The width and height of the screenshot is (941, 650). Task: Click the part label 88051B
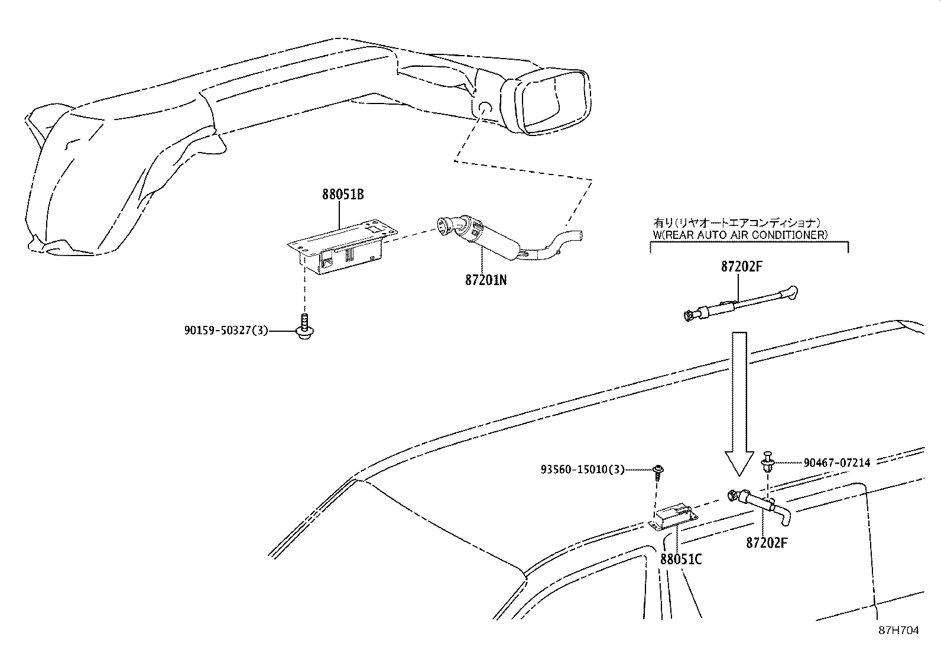(x=343, y=194)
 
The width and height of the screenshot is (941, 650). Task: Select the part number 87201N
(x=485, y=279)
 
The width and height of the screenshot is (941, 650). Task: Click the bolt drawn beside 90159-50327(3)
(x=304, y=327)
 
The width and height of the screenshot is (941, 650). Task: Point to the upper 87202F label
(x=741, y=267)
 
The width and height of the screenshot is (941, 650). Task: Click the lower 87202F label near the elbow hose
(x=767, y=542)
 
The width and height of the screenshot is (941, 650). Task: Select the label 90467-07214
(x=836, y=463)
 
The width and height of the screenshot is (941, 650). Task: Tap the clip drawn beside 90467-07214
(x=768, y=461)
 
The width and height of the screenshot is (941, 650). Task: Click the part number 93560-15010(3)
(x=582, y=470)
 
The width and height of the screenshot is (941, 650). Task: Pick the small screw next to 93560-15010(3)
(x=657, y=471)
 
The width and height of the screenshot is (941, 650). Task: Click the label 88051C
(x=680, y=559)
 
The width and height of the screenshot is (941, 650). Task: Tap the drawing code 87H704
(x=899, y=630)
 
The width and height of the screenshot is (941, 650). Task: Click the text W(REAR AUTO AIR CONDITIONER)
(x=740, y=235)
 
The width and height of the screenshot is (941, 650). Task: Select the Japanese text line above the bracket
(x=736, y=223)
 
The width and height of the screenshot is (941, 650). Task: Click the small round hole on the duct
(x=484, y=108)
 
